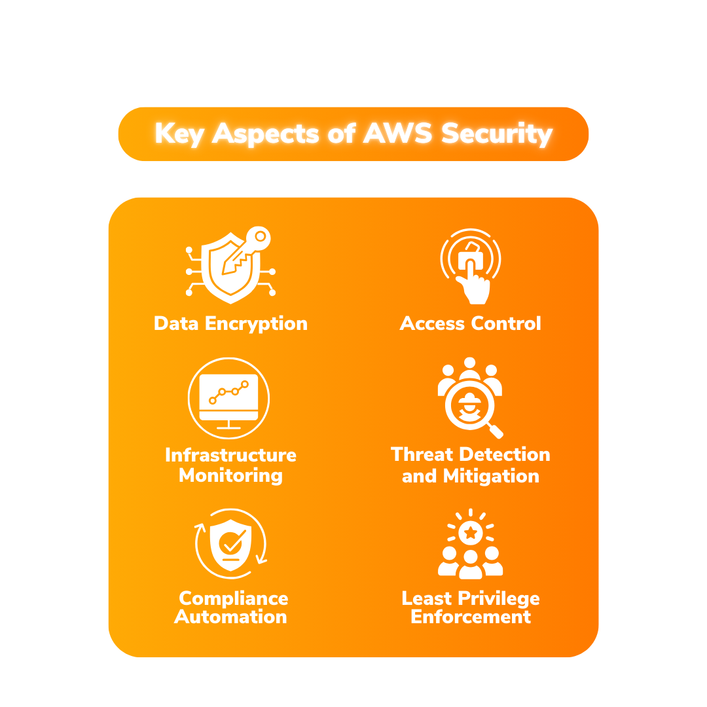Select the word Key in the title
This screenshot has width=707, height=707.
pyautogui.click(x=179, y=134)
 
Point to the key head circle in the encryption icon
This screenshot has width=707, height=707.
pyautogui.click(x=260, y=236)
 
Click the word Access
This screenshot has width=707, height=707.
pyautogui.click(x=429, y=323)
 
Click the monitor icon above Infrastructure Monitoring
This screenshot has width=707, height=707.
pyautogui.click(x=228, y=397)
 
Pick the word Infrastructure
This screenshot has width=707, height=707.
pyautogui.click(x=230, y=455)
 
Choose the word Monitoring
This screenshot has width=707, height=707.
pyautogui.click(x=230, y=475)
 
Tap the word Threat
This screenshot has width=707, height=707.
pyautogui.click(x=424, y=454)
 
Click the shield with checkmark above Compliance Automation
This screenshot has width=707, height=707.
pyautogui.click(x=230, y=544)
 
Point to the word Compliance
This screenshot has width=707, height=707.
pyautogui.click(x=233, y=598)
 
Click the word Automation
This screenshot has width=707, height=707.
pyautogui.click(x=230, y=617)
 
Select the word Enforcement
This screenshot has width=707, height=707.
pyautogui.click(x=471, y=617)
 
